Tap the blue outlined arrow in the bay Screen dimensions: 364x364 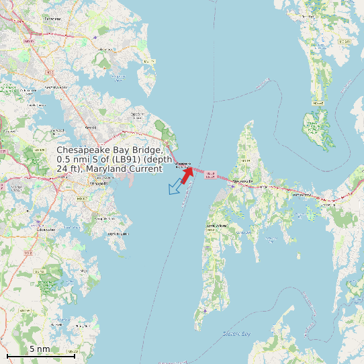(x=177, y=187)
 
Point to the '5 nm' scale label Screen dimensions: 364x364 (x=40, y=349)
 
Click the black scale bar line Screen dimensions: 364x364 (x=40, y=355)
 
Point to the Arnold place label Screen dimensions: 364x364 (x=91, y=126)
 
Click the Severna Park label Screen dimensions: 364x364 (x=56, y=87)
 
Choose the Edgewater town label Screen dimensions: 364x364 (x=47, y=229)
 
